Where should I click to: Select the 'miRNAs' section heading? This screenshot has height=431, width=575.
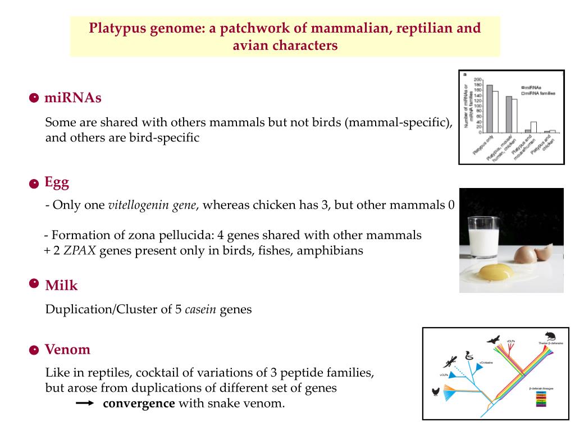[73, 98]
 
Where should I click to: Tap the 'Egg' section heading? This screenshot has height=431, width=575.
[57, 182]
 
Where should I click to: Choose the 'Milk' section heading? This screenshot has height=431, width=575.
[61, 286]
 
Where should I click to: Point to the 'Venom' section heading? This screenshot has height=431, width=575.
[67, 350]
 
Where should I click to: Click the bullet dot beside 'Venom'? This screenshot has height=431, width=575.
[34, 351]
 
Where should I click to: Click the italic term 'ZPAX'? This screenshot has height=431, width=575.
[80, 250]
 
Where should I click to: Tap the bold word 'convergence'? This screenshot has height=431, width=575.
[139, 404]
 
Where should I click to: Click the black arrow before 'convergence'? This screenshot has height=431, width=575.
[85, 404]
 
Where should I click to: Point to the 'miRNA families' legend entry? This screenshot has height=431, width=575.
[540, 93]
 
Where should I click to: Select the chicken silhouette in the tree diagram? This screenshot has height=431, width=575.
[435, 391]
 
